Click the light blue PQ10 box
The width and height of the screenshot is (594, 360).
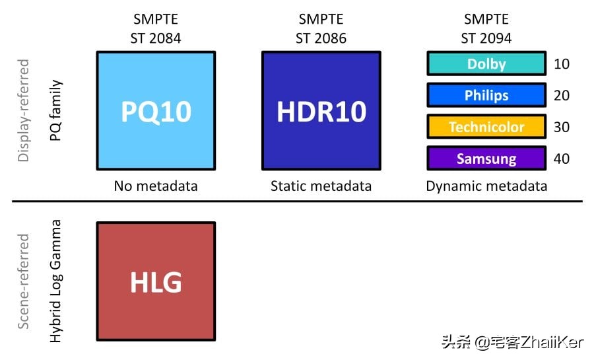(x=156, y=111)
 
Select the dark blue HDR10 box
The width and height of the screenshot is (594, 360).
(x=321, y=111)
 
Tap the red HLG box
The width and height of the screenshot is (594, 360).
(x=156, y=281)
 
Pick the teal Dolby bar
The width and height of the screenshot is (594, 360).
(x=486, y=64)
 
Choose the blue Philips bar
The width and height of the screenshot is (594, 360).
(x=486, y=95)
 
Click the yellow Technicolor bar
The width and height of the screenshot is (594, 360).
(x=486, y=127)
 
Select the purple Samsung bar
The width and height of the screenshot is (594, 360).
(x=486, y=159)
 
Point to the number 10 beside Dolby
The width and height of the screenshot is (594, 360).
(x=562, y=64)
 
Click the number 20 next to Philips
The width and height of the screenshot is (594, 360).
(x=562, y=95)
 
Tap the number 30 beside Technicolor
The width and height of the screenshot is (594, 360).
(x=562, y=127)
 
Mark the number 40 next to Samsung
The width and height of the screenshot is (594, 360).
(x=562, y=159)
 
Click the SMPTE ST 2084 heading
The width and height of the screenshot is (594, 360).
(x=156, y=28)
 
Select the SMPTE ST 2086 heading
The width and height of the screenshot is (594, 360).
(x=321, y=28)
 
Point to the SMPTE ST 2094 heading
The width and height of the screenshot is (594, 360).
(x=486, y=28)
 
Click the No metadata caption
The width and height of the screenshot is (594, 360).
(x=156, y=186)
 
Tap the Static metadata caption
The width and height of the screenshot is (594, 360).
(x=321, y=186)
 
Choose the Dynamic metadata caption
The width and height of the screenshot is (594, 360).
(x=486, y=186)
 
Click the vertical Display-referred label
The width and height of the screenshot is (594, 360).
(x=24, y=111)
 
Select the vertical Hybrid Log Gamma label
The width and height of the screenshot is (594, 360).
(x=56, y=281)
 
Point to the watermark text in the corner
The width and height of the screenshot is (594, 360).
(x=512, y=342)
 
